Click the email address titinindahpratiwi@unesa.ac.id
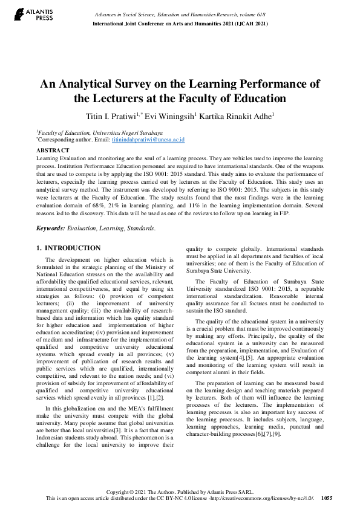click(x=148, y=139)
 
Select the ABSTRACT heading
click(x=51, y=148)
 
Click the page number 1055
click(x=327, y=499)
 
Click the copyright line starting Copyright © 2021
click(x=180, y=491)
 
